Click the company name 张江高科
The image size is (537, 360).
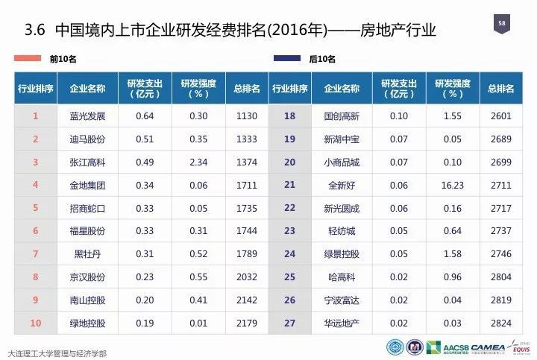click(87, 162)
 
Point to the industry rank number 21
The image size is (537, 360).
click(290, 185)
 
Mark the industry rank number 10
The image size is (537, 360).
click(35, 323)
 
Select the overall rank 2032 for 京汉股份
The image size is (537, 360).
click(245, 277)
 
